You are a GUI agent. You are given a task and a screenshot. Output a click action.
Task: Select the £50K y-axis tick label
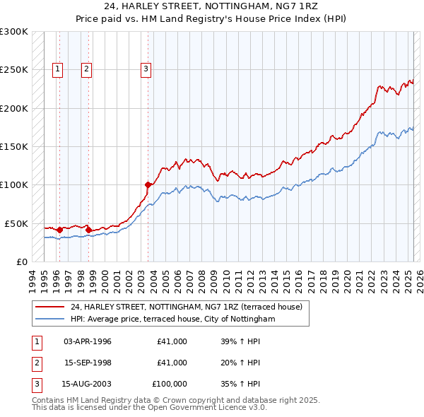[17, 223]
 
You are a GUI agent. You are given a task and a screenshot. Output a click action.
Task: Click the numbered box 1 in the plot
[57, 69]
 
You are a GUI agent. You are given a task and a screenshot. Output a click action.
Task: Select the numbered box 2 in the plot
[86, 69]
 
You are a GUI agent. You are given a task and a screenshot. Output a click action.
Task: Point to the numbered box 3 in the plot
[146, 69]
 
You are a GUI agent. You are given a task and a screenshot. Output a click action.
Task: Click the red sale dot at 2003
[148, 185]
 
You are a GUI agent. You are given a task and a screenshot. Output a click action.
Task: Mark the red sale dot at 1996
[59, 230]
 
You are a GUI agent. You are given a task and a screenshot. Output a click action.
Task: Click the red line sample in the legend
[49, 307]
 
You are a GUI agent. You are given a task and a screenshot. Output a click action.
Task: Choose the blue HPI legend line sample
[49, 319]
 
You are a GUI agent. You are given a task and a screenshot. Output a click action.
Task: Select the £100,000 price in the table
[170, 384]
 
